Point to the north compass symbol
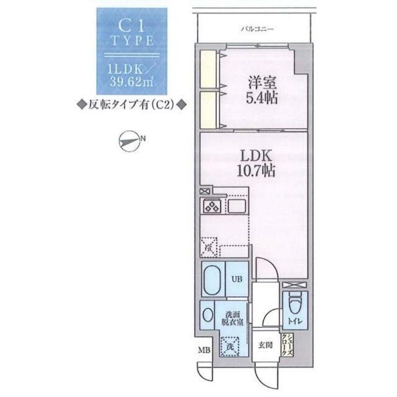[128, 141]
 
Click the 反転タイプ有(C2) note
[132, 105]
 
